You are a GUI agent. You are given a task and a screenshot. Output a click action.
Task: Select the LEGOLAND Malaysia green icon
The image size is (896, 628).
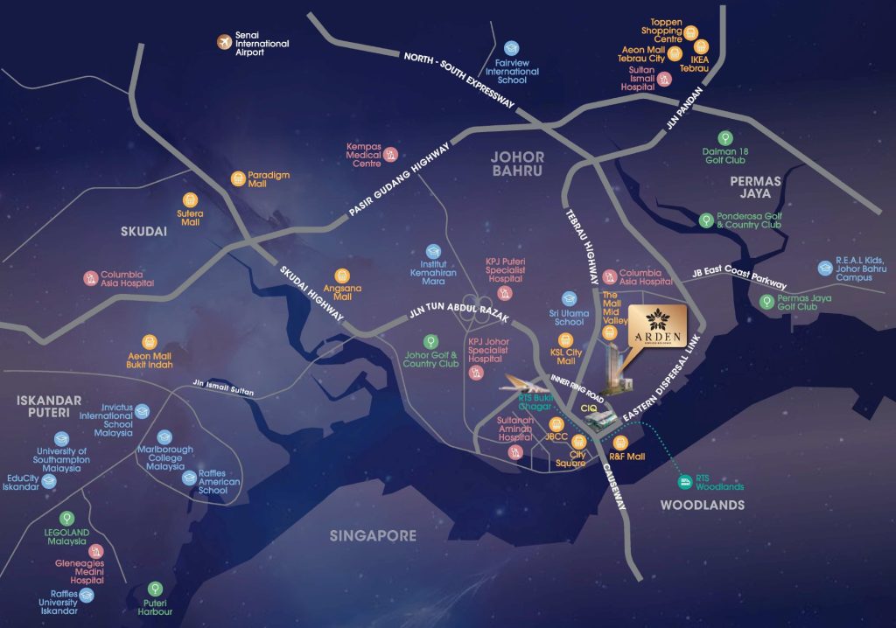tap(67, 518)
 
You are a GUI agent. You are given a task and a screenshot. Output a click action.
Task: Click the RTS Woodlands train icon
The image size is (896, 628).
tap(685, 480)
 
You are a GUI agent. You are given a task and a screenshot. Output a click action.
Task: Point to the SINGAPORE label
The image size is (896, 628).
tap(373, 535)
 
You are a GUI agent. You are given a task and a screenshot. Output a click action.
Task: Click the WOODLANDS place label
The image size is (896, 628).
tap(702, 505)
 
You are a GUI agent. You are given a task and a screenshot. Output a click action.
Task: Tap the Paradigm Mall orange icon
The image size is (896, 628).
tap(237, 178)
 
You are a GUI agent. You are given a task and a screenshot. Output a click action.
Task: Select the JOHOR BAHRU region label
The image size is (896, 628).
tap(518, 164)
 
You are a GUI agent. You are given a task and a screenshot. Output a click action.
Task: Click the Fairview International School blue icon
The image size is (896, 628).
tap(512, 50)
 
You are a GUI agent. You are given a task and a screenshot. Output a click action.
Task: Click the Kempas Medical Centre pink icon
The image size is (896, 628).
tap(391, 155)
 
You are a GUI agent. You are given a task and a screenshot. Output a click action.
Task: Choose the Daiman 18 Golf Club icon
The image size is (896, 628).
tap(724, 137)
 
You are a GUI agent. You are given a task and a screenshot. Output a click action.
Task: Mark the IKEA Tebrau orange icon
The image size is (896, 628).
tap(701, 47)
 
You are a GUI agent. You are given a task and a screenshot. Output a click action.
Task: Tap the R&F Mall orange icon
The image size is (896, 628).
tap(620, 443)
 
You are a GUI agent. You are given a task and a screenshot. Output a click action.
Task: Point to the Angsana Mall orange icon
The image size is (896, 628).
tap(342, 275)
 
